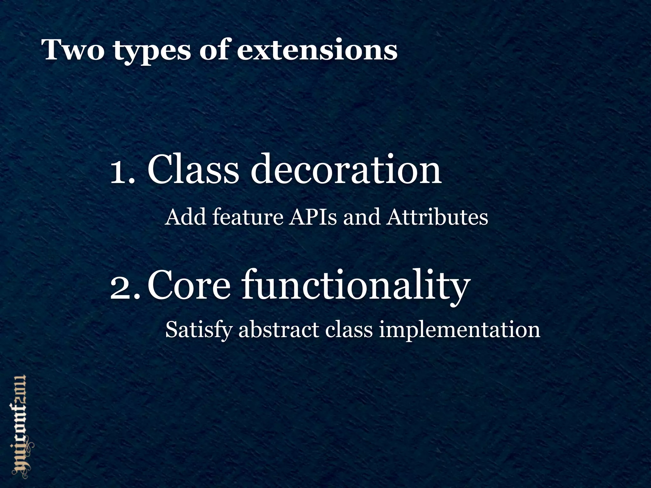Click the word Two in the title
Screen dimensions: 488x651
tap(73, 50)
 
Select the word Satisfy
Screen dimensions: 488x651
tap(199, 330)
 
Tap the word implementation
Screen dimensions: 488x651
tap(459, 330)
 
